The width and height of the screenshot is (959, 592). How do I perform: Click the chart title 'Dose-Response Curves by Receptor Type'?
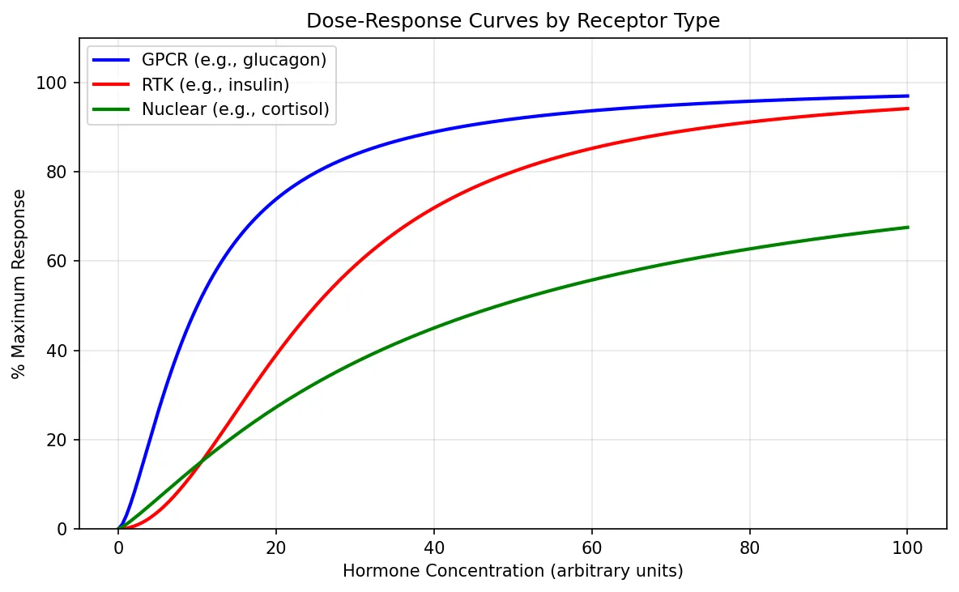tap(513, 22)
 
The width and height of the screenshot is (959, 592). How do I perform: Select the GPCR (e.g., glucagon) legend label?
tap(234, 61)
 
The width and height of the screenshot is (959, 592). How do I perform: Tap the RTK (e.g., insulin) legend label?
tap(215, 85)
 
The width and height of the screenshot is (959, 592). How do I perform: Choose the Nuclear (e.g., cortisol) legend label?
tap(235, 110)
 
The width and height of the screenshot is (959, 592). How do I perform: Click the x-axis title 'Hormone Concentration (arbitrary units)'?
tap(513, 571)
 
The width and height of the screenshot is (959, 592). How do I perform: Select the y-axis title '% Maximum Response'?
tap(19, 283)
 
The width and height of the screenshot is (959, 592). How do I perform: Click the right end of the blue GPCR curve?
tap(907, 96)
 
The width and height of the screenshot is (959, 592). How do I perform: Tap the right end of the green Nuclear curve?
tap(907, 228)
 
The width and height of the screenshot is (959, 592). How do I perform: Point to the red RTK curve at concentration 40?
tap(434, 208)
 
